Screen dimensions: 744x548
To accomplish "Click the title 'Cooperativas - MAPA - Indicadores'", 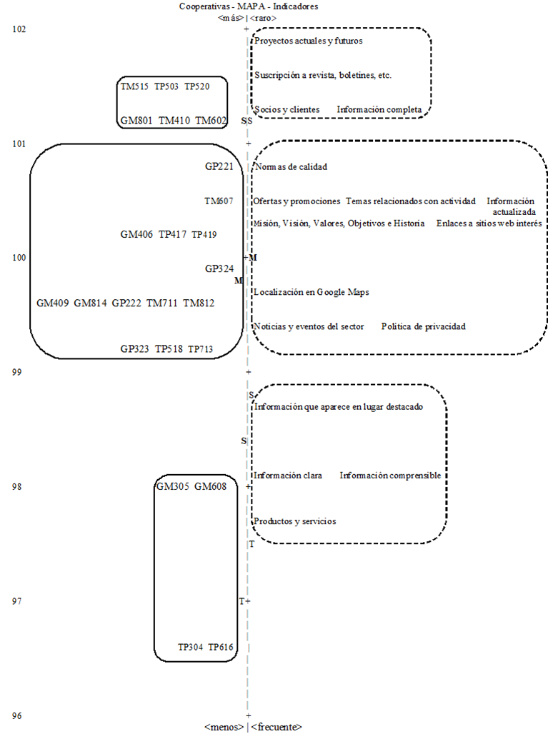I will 248,6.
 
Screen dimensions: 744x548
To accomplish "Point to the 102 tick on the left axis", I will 19,29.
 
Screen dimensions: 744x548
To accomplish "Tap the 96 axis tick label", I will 19,715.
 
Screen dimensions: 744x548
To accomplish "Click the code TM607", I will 219,201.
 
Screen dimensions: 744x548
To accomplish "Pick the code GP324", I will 219,268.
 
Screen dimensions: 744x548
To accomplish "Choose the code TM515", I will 134,86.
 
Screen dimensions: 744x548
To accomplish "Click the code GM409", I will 53,303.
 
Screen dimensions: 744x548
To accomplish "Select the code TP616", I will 221,647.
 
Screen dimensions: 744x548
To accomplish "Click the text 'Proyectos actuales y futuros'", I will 309,41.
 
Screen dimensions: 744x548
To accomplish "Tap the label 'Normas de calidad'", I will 290,166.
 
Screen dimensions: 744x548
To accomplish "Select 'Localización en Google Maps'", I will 311,292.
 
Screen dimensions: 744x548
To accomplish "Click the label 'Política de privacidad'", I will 423,326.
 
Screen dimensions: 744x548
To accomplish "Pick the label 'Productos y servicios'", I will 294,521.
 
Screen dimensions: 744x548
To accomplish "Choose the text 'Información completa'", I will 384,110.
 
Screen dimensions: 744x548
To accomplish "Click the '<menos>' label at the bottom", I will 224,727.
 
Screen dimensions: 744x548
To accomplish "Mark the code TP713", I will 201,349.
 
